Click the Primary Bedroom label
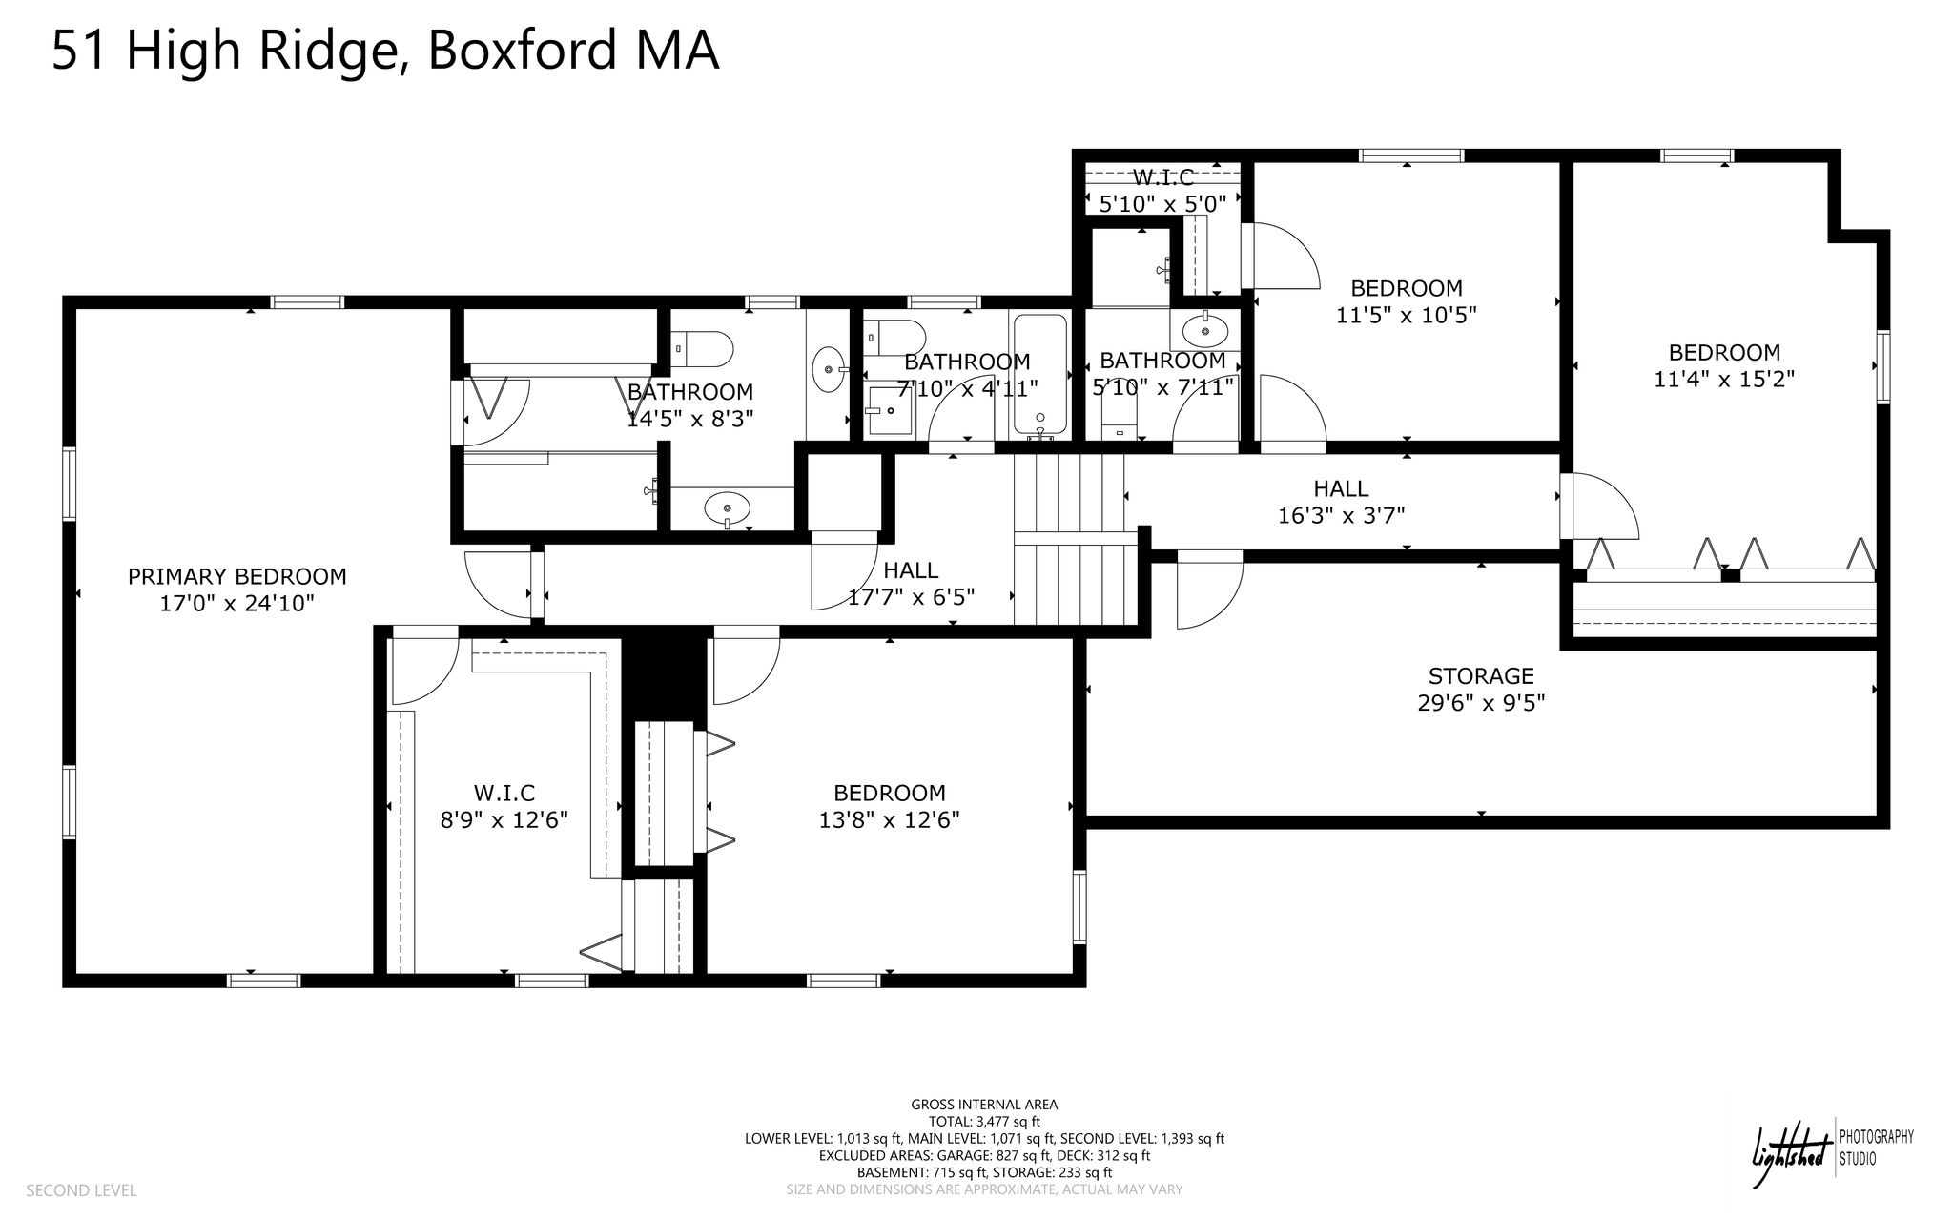[237, 576]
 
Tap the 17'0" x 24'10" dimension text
[237, 604]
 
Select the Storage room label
[1481, 676]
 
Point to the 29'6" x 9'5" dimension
[1481, 703]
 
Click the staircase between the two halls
[1076, 539]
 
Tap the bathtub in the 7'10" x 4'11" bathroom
[1039, 375]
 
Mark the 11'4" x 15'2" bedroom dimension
[1724, 379]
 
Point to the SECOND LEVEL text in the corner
[81, 1190]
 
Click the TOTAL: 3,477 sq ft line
[984, 1122]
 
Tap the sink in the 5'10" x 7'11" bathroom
[1205, 331]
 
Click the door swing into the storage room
[1210, 591]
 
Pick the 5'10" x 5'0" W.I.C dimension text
[1162, 203]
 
